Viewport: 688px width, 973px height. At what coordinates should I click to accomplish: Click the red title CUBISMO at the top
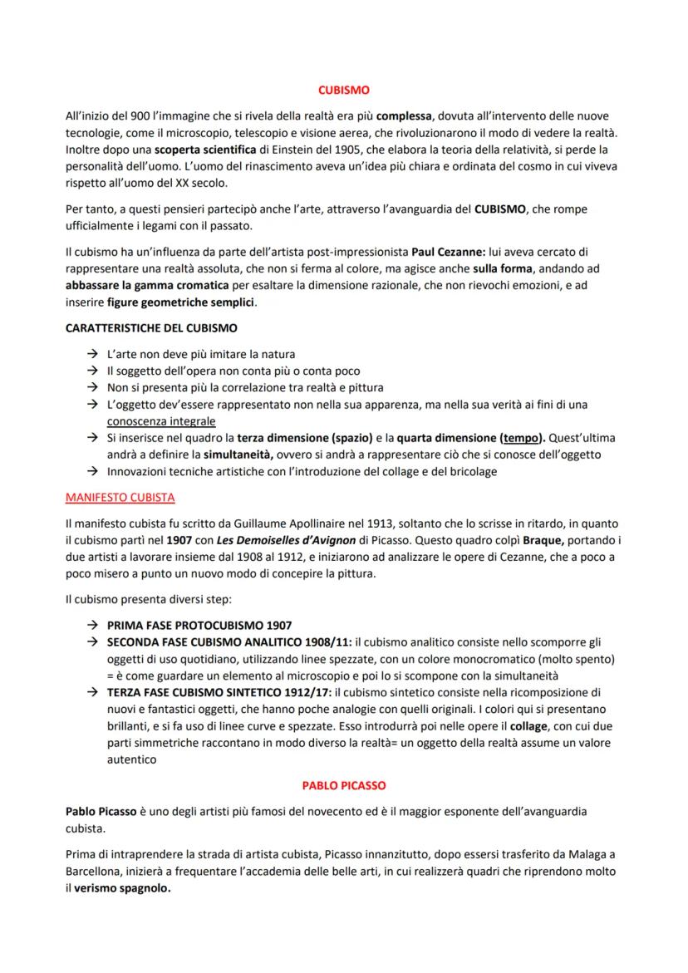pos(344,90)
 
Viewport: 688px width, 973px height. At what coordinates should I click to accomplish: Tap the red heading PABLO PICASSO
pos(344,784)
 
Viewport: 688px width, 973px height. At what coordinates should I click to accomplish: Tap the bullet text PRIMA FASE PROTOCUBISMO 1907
pos(199,625)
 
